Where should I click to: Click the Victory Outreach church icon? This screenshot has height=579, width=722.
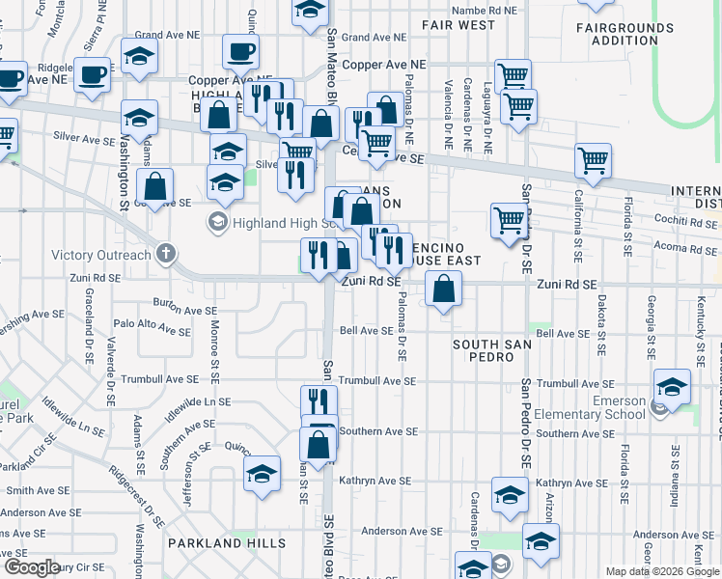click(166, 256)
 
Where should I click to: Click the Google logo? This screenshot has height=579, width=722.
click(32, 566)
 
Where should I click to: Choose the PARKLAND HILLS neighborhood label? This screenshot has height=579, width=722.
click(227, 543)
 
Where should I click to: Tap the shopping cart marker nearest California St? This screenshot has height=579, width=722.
click(592, 162)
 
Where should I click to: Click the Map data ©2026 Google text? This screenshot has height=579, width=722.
click(663, 571)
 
